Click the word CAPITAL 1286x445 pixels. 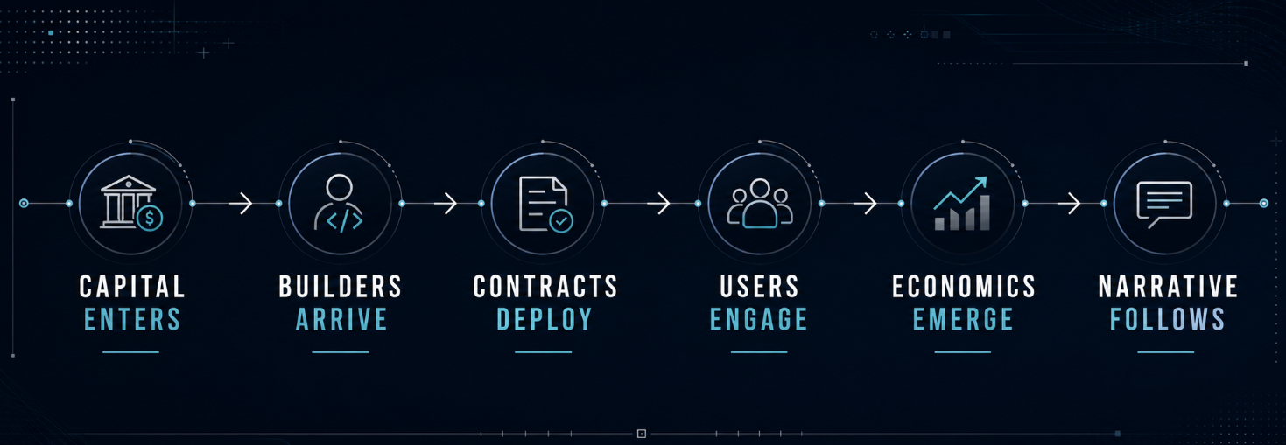click(x=132, y=286)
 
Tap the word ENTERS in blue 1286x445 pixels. click(x=132, y=319)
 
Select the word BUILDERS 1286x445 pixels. click(x=341, y=286)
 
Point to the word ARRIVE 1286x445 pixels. click(x=341, y=319)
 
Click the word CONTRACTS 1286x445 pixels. click(x=545, y=286)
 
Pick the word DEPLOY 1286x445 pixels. click(x=545, y=319)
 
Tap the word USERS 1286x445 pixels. click(x=760, y=286)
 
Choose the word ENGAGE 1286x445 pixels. click(x=759, y=319)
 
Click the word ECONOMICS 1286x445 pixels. click(x=964, y=286)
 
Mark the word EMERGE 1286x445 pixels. click(x=963, y=319)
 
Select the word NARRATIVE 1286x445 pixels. click(x=1169, y=286)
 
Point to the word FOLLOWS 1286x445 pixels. click(x=1168, y=319)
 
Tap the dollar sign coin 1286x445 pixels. click(x=150, y=218)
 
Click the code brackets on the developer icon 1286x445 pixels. click(x=344, y=221)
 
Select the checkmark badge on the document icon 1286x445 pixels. click(x=561, y=220)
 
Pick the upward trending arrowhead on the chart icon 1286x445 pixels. click(x=980, y=183)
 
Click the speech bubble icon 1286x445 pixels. click(x=1164, y=204)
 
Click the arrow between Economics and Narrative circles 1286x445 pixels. click(x=1069, y=203)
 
